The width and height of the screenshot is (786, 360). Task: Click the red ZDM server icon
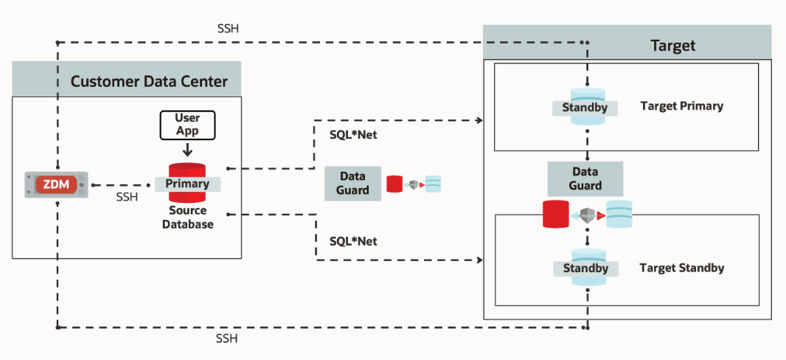56,184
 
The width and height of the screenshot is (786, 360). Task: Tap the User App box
187,125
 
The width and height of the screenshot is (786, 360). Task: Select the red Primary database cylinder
187,183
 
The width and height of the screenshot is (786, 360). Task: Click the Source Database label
187,217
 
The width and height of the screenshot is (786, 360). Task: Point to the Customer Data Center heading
149,81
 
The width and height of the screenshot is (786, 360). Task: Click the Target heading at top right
672,46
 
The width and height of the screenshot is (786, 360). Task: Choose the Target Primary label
681,106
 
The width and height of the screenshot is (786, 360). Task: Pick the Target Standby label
681,268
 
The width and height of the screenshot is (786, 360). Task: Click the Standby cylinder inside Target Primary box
586,107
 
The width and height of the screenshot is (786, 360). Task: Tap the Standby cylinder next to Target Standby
586,267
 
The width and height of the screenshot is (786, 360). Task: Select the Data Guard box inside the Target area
585,179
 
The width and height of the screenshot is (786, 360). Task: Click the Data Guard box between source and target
352,184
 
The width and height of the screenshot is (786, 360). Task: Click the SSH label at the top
227,29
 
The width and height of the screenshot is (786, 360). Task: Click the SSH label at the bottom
227,339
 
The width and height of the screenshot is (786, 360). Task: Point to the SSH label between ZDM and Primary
127,198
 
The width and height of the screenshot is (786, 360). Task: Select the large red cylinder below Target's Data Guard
555,214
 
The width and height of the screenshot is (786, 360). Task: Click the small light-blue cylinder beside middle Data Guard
433,184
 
